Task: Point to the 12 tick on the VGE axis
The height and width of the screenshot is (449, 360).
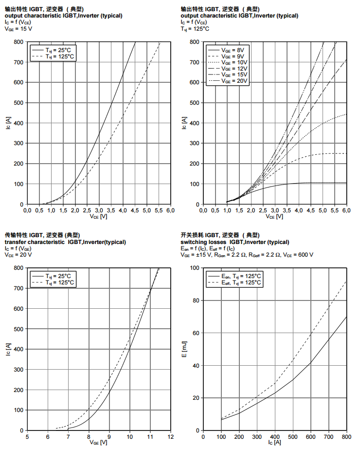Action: coord(171,436)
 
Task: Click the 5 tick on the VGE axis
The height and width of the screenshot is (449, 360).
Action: coord(27,436)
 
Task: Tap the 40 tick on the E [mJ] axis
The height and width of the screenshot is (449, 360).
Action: coord(197,365)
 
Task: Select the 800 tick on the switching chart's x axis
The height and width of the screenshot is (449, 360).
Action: coord(346,436)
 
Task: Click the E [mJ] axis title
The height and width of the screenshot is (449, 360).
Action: coord(184,349)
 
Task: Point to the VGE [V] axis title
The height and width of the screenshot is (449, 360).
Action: coord(98,443)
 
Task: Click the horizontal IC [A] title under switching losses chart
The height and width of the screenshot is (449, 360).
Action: coord(274,443)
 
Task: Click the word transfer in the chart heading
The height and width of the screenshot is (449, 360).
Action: coord(15,242)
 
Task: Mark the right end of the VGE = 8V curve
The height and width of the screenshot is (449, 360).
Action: coord(346,183)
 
